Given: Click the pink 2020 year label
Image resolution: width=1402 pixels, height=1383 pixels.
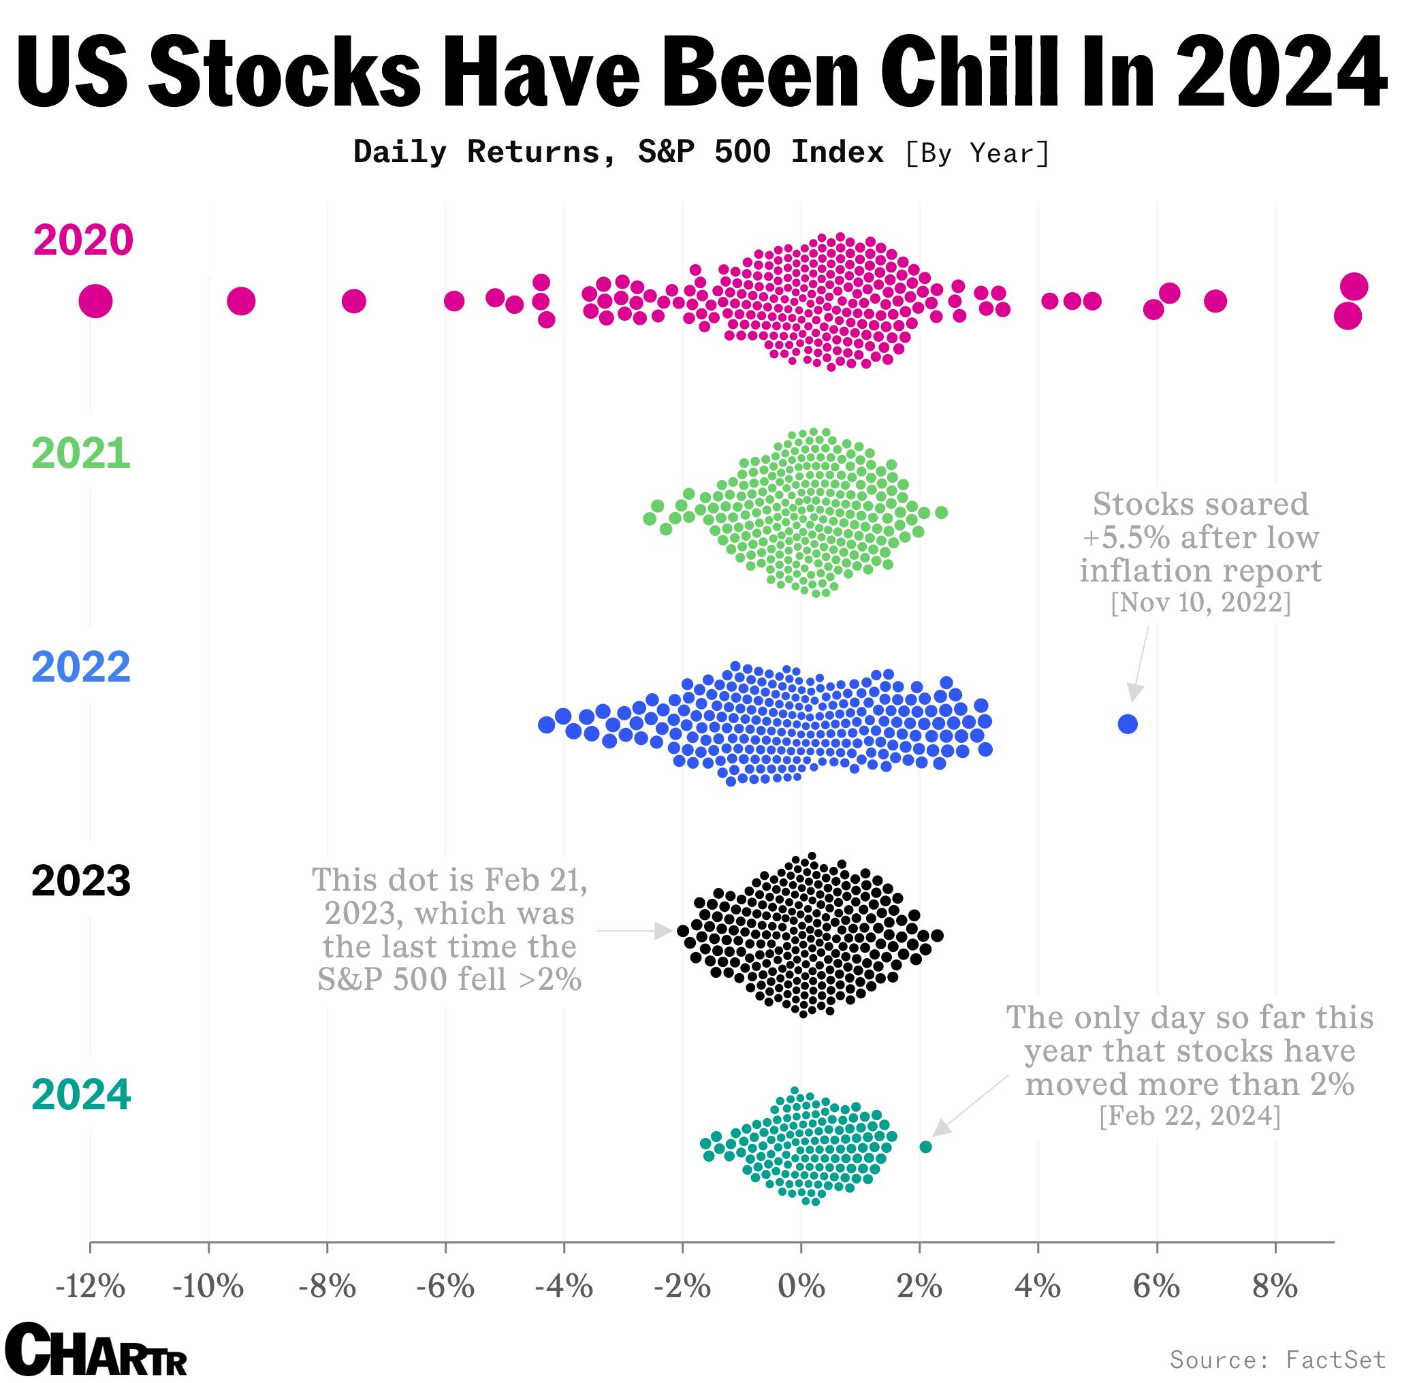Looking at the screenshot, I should point(82,240).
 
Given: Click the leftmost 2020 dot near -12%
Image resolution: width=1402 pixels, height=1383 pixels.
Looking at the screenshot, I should point(95,300).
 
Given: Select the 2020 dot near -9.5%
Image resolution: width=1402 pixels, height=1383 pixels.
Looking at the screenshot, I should point(241,300).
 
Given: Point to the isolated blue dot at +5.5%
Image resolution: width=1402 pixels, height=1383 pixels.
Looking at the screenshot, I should point(1127,723).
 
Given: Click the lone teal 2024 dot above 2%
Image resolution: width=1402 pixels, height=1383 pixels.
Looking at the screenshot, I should point(925,1147).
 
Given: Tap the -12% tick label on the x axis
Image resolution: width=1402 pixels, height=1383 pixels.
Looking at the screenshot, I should point(90,1286).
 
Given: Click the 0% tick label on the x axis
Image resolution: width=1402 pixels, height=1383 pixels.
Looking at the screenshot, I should point(801,1286).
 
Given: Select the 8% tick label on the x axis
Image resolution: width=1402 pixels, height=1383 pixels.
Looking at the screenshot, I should point(1275,1286).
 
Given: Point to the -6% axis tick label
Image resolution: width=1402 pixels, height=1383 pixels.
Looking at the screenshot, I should point(445,1286).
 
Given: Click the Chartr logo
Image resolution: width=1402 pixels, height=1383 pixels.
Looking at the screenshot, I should point(95,1349).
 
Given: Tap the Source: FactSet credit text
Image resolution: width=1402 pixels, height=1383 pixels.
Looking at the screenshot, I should point(1278,1358).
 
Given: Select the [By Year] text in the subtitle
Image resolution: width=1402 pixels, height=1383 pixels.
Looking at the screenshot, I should point(976,153).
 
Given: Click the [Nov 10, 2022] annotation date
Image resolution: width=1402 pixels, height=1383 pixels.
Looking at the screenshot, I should point(1200,602).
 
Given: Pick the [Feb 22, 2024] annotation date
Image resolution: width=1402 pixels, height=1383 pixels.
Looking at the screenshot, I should point(1190,1115).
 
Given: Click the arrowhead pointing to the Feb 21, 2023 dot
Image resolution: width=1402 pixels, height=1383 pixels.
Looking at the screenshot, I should point(663,930).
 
